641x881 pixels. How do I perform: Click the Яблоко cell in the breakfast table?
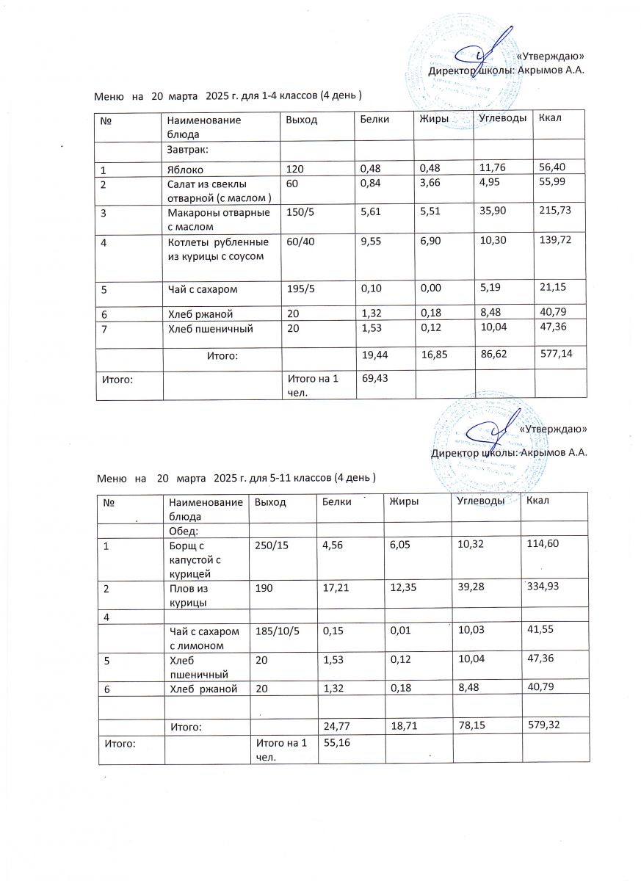(184, 169)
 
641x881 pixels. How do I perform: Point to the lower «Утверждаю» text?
(551, 429)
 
